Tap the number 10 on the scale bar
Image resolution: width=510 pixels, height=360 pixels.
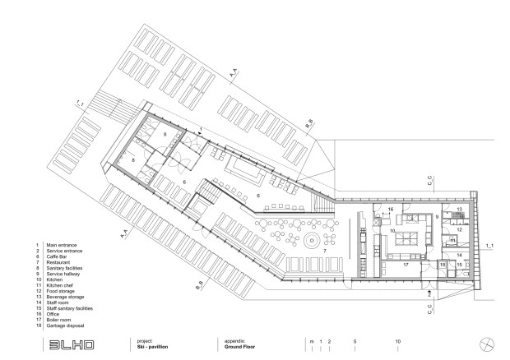(398, 340)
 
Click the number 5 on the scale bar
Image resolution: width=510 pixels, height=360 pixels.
(355, 340)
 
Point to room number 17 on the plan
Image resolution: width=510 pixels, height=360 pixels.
(406, 265)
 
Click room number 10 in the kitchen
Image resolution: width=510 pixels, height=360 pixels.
(394, 233)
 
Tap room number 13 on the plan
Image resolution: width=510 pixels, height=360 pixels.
(459, 210)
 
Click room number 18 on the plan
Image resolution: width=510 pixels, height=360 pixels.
(442, 265)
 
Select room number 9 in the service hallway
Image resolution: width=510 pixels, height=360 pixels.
(438, 217)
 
